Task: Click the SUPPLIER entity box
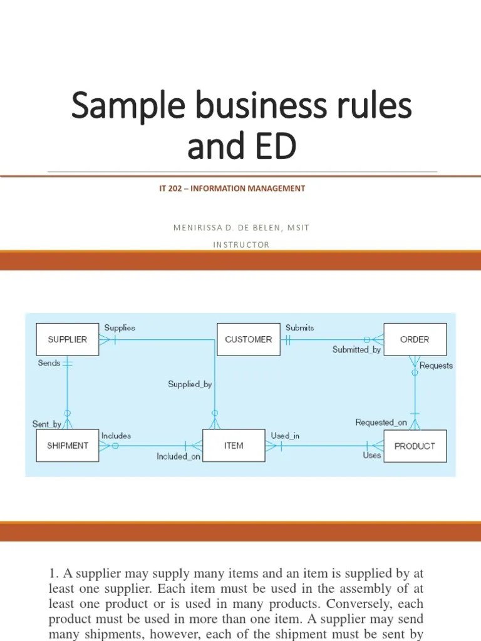coord(68,339)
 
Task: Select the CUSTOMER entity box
coord(248,339)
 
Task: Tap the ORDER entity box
coord(415,339)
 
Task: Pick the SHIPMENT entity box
coord(68,446)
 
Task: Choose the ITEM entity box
coord(234,446)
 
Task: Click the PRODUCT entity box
coord(415,446)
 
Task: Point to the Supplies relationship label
coord(120,327)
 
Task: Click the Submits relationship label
coord(300,327)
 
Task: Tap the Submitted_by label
coord(356,350)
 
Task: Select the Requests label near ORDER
coord(436,365)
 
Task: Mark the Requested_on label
coord(381,423)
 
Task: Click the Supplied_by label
coord(190,384)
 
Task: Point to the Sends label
coord(49,363)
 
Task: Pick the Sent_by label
coord(47,424)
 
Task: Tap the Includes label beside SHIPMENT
coord(116,435)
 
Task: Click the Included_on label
coord(178,457)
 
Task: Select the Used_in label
coord(284,435)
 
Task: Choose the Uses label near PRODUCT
coord(371,455)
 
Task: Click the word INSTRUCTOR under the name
coord(241,245)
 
